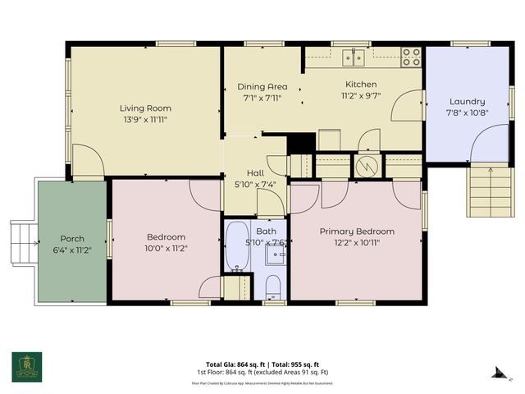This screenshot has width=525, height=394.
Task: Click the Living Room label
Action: tap(145, 108)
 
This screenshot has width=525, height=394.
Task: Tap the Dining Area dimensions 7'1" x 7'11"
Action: tap(262, 98)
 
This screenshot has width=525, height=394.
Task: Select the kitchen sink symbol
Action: tap(354, 57)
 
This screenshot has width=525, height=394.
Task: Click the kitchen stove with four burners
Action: tap(411, 57)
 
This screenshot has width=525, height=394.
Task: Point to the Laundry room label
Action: tap(465, 101)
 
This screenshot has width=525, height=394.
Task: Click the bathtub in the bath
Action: tap(237, 246)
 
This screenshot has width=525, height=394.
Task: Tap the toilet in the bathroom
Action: tap(274, 287)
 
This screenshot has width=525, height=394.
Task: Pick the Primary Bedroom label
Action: tap(357, 231)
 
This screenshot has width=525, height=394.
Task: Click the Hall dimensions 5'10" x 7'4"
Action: tap(255, 184)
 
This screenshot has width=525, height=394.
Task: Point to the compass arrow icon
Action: tap(497, 372)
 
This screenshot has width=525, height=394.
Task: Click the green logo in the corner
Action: tap(26, 366)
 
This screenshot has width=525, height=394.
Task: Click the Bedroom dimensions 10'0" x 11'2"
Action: tap(166, 248)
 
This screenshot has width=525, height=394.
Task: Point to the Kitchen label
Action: tap(360, 85)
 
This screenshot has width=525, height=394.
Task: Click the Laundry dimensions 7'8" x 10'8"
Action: tap(465, 112)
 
